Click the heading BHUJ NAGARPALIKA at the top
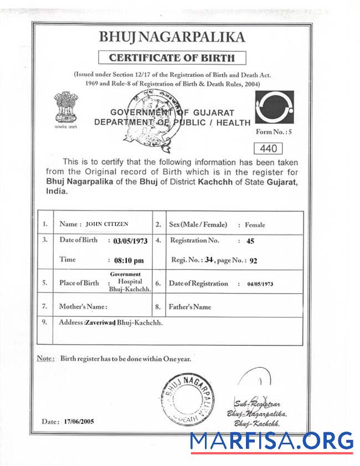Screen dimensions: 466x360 [x=171, y=37]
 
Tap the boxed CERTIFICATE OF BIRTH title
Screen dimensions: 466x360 [x=172, y=58]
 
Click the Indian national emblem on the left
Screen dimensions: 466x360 [x=66, y=109]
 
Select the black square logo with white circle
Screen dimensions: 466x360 [x=274, y=107]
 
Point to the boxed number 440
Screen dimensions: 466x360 [x=268, y=148]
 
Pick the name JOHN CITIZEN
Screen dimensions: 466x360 [x=107, y=224]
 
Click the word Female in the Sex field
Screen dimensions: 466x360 [x=255, y=225]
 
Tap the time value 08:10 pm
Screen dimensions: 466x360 [x=127, y=260]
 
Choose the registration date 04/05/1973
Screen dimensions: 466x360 [x=260, y=284]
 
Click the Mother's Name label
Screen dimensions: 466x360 [x=83, y=306]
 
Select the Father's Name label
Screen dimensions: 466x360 [x=191, y=306]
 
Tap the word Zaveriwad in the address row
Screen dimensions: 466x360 [x=100, y=322]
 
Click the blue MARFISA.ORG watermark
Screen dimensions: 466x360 [x=271, y=441]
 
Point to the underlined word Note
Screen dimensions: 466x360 [x=45, y=359]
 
